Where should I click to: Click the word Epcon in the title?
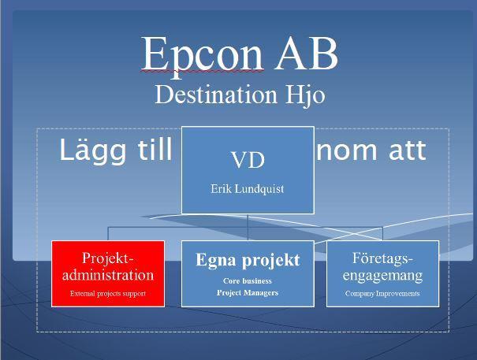click(x=203, y=54)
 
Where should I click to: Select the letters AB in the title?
click(x=307, y=54)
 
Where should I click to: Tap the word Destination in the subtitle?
click(x=216, y=95)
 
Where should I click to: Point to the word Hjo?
click(x=305, y=95)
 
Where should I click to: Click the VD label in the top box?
click(x=248, y=160)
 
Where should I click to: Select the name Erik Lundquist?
click(x=248, y=189)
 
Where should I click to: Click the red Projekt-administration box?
click(x=108, y=273)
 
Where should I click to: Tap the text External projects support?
click(x=108, y=294)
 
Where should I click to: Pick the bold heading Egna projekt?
click(x=248, y=260)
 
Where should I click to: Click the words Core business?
click(x=248, y=281)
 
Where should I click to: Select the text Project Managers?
click(x=248, y=293)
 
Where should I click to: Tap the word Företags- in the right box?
click(x=382, y=258)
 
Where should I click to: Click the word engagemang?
click(x=382, y=276)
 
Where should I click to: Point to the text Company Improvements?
click(x=382, y=294)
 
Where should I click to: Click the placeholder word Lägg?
click(x=92, y=151)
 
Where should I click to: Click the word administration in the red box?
click(x=108, y=275)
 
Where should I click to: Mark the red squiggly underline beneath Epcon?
click(x=203, y=71)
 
